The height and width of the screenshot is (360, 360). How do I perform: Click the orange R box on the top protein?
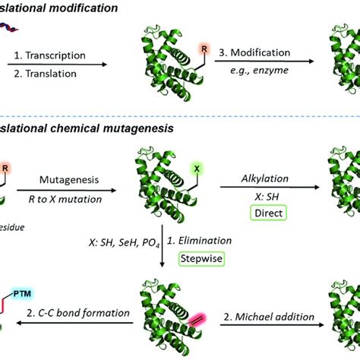[204, 48]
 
